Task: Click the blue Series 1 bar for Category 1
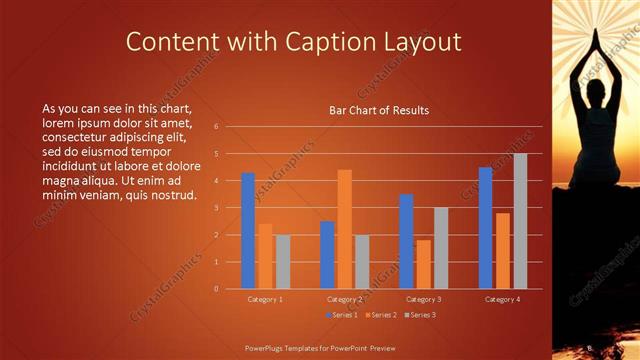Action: tap(248, 231)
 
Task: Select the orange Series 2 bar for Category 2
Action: tap(345, 229)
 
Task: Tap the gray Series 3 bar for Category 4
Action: tap(520, 221)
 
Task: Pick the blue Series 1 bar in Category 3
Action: tap(406, 241)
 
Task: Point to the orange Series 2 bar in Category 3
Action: tap(424, 264)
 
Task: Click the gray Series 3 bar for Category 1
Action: tap(283, 262)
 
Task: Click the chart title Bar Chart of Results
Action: tap(379, 110)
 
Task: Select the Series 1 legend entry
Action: tap(341, 315)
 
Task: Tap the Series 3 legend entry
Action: tap(419, 315)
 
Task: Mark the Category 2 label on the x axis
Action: tap(345, 299)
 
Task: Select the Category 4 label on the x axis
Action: tap(502, 299)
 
